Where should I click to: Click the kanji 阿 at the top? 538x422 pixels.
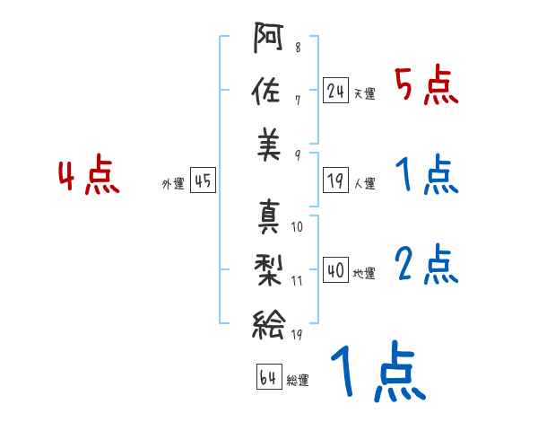268,40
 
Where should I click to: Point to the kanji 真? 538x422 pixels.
268,216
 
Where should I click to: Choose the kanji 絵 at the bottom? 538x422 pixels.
268,321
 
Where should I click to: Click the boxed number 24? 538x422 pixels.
336,90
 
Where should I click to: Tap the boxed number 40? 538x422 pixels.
336,269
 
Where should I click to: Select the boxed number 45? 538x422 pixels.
203,181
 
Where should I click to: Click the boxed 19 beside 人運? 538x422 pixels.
336,181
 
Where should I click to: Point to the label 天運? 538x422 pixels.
364,93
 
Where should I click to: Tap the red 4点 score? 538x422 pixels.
89,177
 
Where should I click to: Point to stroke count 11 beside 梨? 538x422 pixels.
298,280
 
